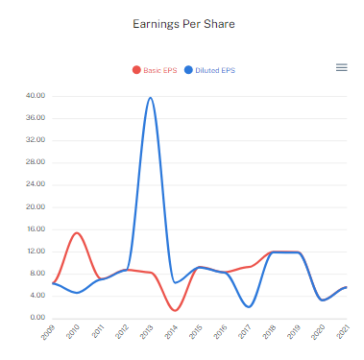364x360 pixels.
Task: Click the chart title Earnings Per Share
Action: pos(182,22)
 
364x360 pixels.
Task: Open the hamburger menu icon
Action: pos(341,67)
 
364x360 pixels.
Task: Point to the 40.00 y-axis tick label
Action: pos(36,96)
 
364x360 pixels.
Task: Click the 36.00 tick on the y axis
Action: pos(36,118)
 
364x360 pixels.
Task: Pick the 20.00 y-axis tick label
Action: pos(36,206)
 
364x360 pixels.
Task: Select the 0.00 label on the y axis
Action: pos(37,318)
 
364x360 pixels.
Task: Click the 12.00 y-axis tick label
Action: pos(36,252)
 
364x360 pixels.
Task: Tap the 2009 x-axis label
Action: pos(49,332)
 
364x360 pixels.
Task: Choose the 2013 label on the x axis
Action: pos(147,332)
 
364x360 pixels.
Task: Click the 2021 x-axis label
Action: pos(342,332)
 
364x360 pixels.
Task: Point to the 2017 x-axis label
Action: pos(245,332)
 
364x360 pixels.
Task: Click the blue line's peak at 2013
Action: pos(151,97)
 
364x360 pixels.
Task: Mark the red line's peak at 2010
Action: pos(78,233)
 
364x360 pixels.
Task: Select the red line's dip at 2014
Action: pos(175,310)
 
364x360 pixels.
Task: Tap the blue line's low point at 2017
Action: pos(249,306)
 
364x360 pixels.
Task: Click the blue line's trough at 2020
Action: pos(323,300)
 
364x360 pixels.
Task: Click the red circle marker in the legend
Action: pos(136,70)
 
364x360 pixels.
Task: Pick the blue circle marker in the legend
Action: pos(188,70)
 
